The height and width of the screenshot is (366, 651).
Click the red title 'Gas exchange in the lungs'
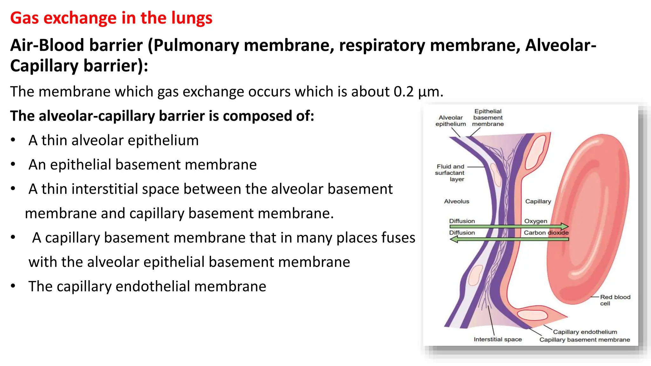point(111,18)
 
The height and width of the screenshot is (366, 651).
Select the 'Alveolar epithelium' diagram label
point(450,121)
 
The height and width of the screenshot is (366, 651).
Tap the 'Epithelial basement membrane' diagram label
point(488,118)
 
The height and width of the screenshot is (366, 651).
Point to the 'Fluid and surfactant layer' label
point(450,173)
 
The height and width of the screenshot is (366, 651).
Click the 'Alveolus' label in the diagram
point(456,201)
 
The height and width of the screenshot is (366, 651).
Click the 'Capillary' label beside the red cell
point(538,201)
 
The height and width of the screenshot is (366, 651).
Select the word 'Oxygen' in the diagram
point(536,221)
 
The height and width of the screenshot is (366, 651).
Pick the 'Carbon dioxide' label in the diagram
point(546,233)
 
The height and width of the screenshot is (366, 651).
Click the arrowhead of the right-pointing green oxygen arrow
point(565,227)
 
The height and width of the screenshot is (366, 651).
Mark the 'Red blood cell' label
point(614,300)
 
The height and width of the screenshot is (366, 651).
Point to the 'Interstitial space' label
point(497,339)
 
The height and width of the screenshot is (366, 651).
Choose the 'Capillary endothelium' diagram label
point(585,332)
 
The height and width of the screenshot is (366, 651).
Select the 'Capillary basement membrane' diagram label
point(584,340)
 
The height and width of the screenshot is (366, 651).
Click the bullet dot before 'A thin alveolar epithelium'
point(13,140)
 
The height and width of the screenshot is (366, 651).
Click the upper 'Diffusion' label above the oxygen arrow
point(462,221)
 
